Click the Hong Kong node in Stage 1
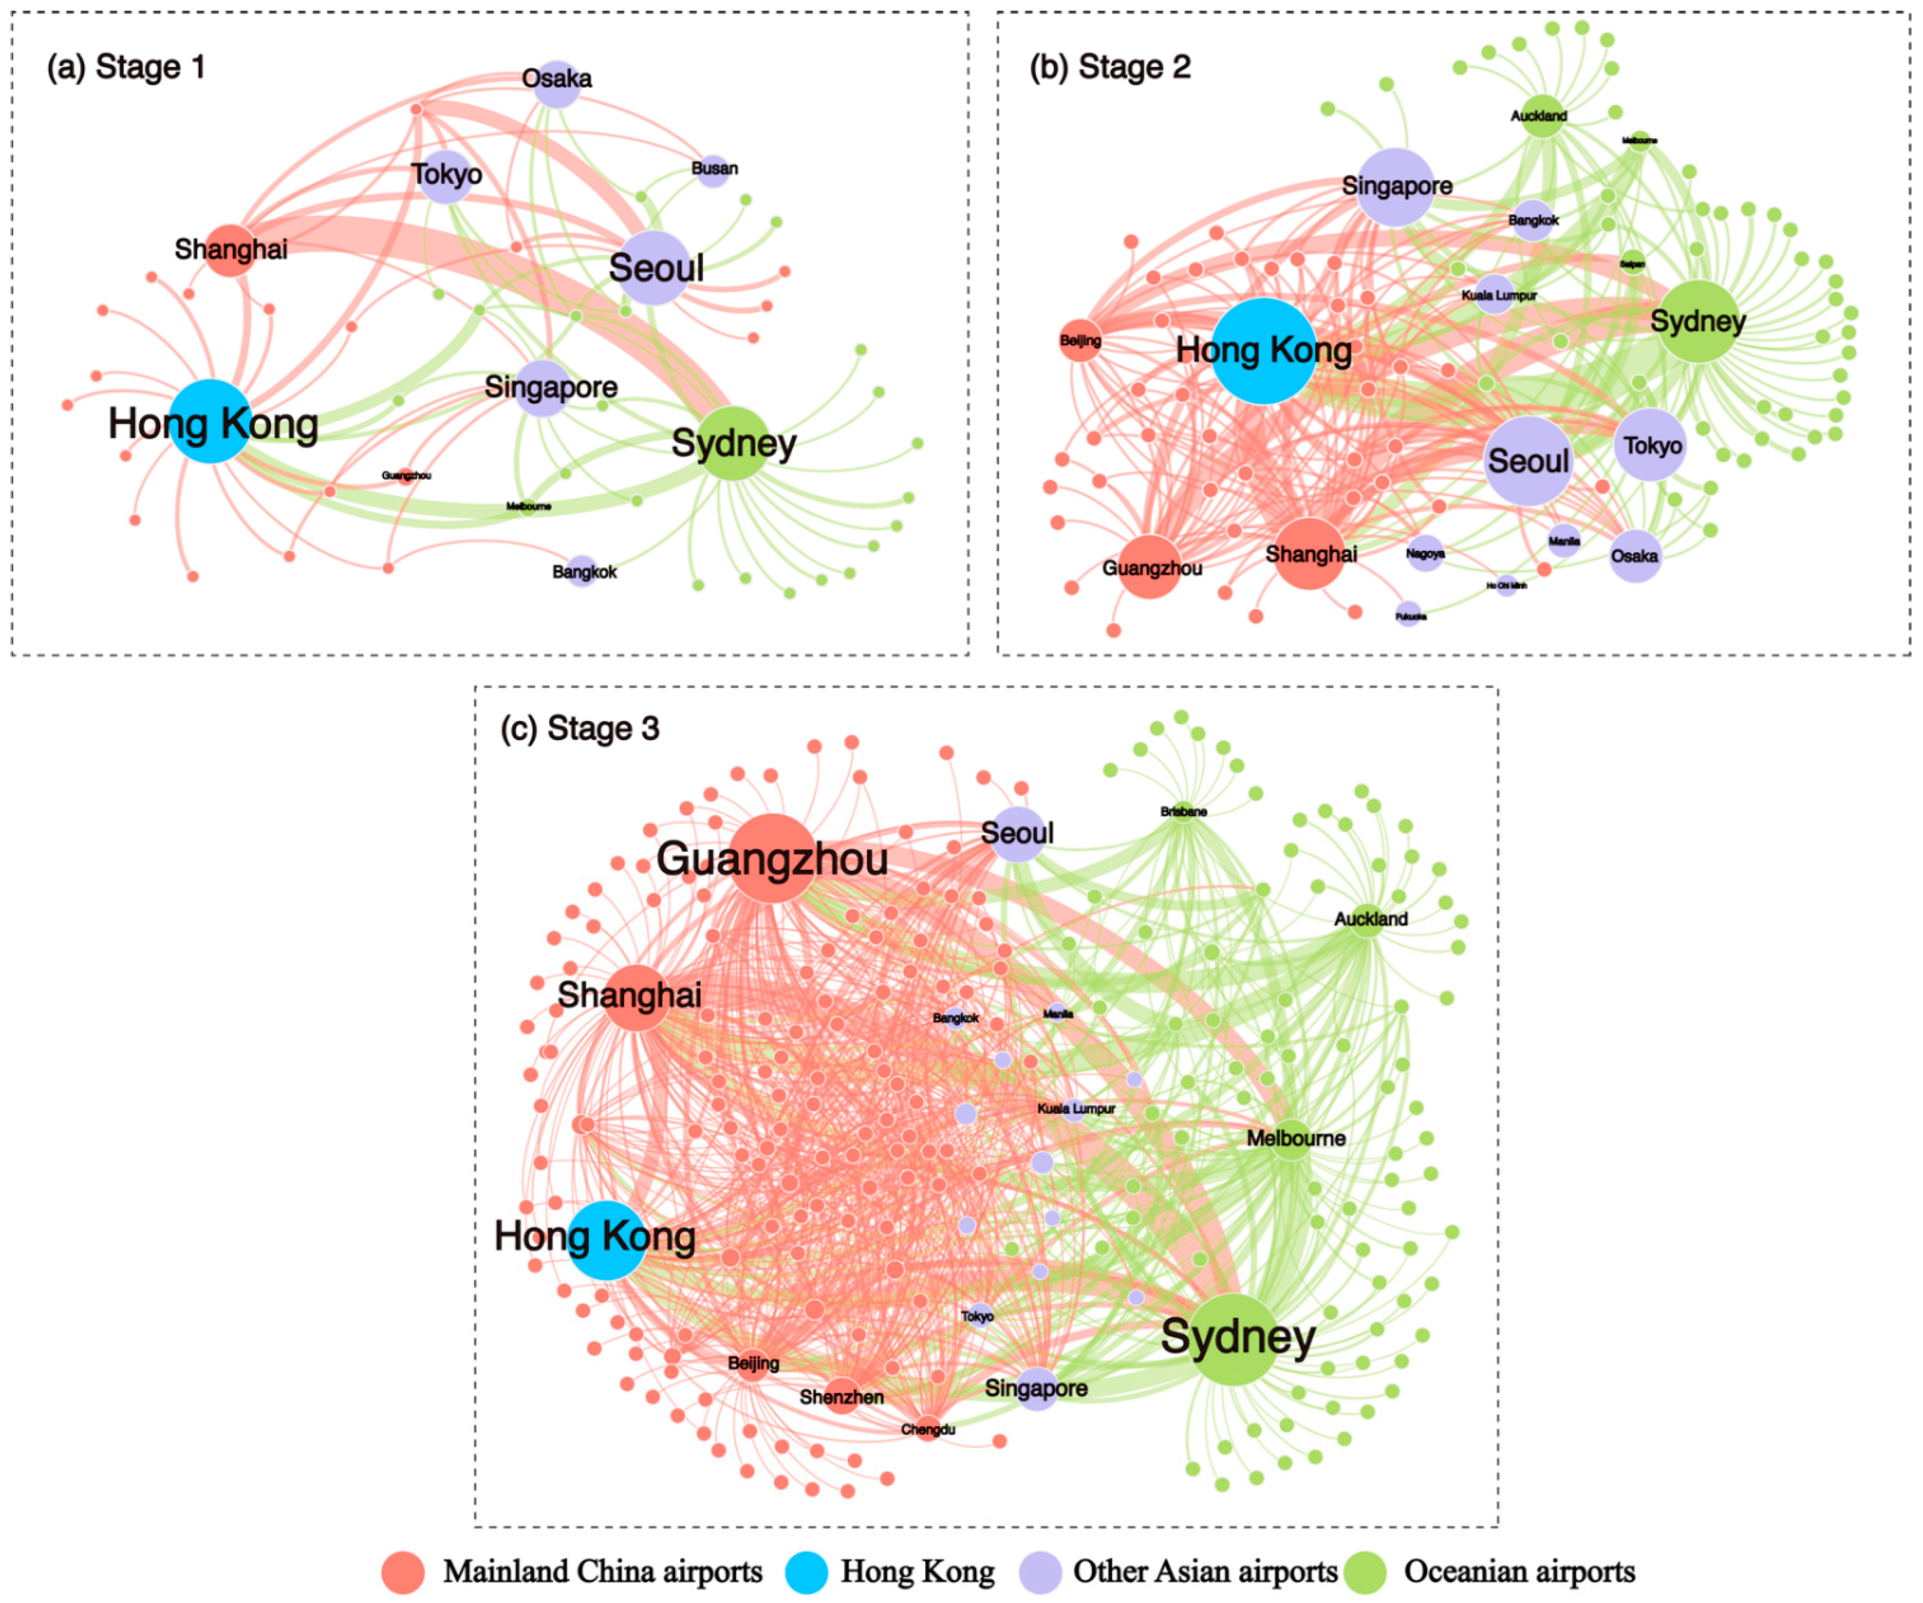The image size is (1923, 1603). tap(211, 421)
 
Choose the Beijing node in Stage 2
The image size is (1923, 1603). tap(1081, 341)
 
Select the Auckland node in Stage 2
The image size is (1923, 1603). tap(1542, 116)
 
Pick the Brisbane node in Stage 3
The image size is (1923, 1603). tap(1183, 811)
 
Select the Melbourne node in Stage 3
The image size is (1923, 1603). tap(1292, 1140)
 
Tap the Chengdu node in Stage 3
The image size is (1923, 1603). tap(928, 1428)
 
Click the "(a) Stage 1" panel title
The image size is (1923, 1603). tap(126, 67)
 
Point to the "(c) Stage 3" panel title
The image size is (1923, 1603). tap(580, 729)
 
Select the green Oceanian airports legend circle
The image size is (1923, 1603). tap(1364, 1572)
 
